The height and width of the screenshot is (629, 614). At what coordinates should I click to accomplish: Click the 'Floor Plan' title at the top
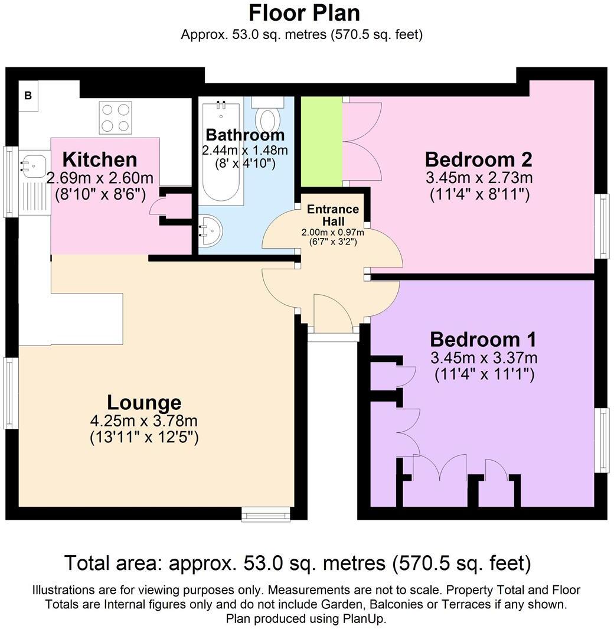click(x=303, y=12)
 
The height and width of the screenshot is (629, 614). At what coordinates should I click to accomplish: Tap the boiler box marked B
click(x=28, y=96)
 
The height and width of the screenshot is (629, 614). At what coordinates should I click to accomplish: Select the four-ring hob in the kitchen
click(x=115, y=118)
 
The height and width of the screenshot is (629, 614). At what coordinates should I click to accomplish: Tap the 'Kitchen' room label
click(x=100, y=159)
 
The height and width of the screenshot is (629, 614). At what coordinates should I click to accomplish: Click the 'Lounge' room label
click(x=143, y=402)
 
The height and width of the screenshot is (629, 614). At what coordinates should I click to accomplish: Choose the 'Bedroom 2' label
click(x=478, y=159)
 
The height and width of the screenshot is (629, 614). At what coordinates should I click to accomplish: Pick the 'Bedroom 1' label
click(x=483, y=340)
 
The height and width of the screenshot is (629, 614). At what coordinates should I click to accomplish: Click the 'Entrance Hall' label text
click(x=333, y=215)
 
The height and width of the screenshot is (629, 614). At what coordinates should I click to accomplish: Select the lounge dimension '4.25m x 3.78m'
click(x=143, y=421)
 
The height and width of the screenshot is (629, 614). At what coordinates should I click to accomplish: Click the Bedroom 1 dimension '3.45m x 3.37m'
click(x=484, y=358)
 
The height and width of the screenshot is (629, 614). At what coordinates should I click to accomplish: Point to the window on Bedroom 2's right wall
click(x=602, y=226)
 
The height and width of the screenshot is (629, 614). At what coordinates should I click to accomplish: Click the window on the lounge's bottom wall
click(x=267, y=515)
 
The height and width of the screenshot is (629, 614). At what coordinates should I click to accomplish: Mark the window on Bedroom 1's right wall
click(x=602, y=440)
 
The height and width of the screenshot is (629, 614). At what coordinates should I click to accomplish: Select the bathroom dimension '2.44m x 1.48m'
click(x=245, y=150)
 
